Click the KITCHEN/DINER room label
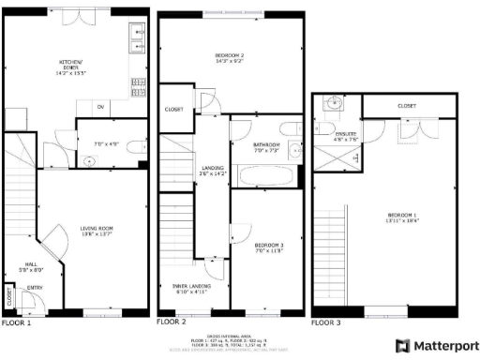tap(72, 63)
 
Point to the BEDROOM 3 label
tap(269, 245)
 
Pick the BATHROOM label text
tap(267, 144)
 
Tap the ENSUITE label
tap(347, 134)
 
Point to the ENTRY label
tap(35, 288)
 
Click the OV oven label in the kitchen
tap(99, 106)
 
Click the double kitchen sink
tap(137, 37)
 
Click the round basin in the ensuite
tap(331, 104)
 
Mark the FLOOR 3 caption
tap(325, 322)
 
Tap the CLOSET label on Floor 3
tap(406, 106)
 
